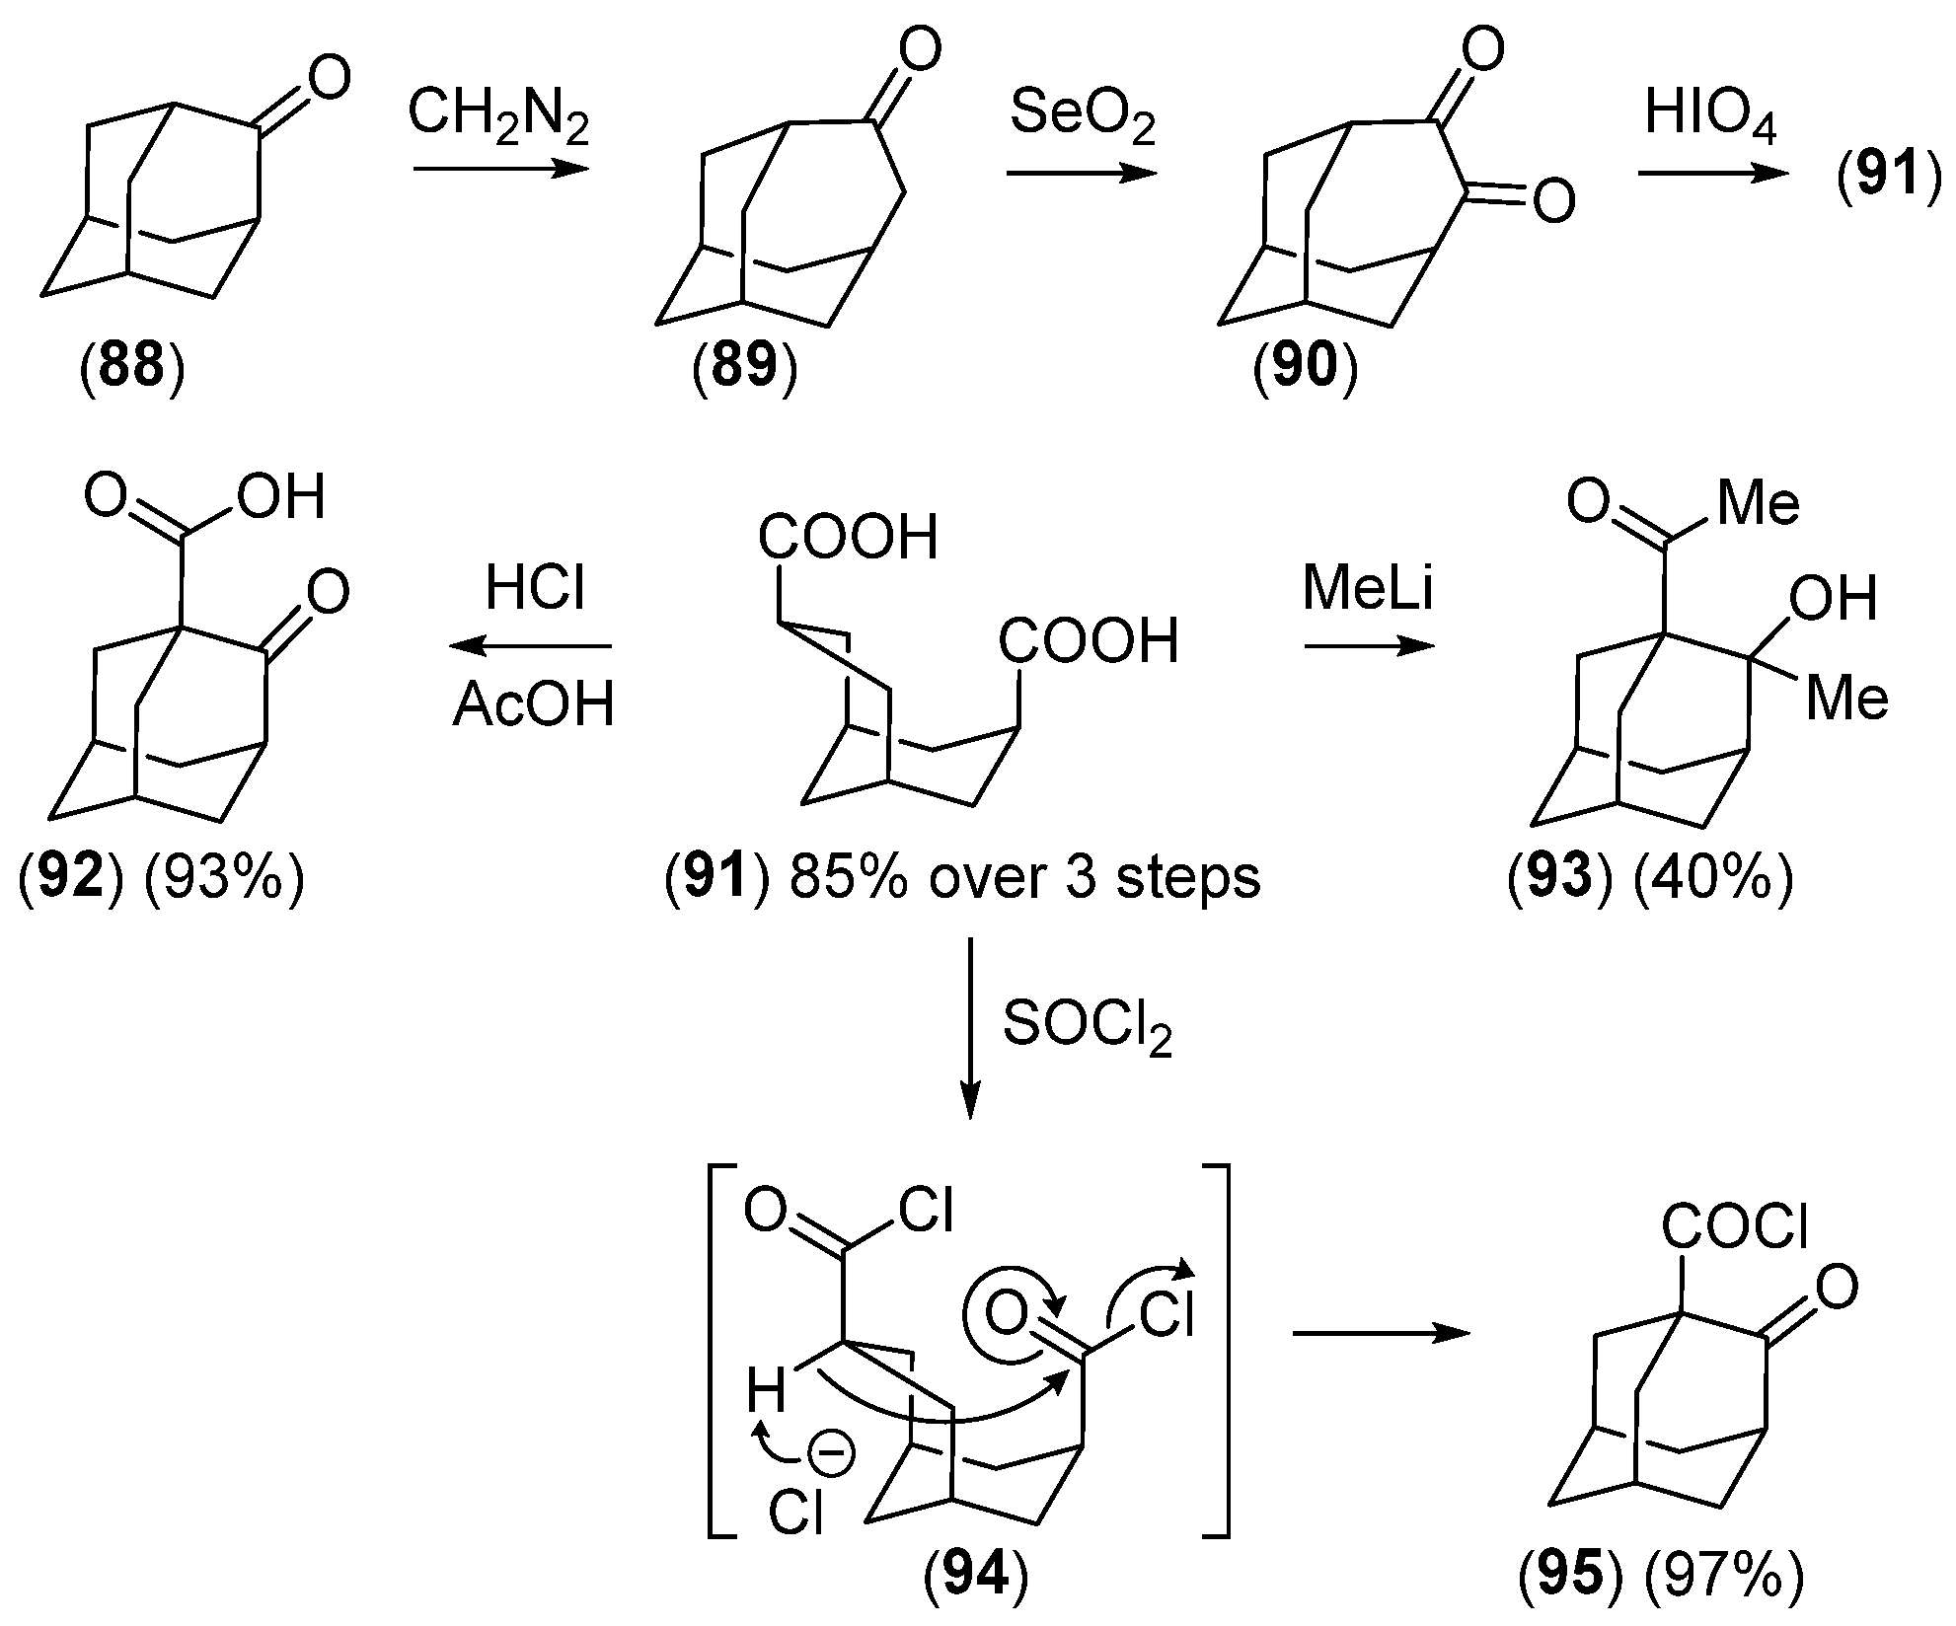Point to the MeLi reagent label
[x=1368, y=590]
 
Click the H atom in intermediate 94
[x=766, y=1394]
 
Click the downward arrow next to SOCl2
[x=971, y=1026]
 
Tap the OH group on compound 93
[x=1833, y=599]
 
